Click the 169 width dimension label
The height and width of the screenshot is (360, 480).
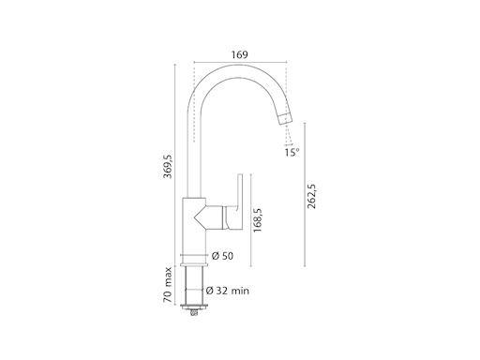tap(240, 55)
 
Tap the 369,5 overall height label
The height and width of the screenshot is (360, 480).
tap(168, 166)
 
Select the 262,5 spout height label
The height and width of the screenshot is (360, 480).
tap(312, 196)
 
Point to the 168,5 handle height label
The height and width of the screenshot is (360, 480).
tap(258, 220)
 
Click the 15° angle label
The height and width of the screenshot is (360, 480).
tap(292, 152)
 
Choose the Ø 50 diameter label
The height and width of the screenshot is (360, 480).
tap(222, 256)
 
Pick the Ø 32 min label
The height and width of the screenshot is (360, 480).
tap(228, 291)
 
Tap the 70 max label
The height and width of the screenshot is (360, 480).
tap(168, 285)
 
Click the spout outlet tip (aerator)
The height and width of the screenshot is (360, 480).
tap(286, 119)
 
